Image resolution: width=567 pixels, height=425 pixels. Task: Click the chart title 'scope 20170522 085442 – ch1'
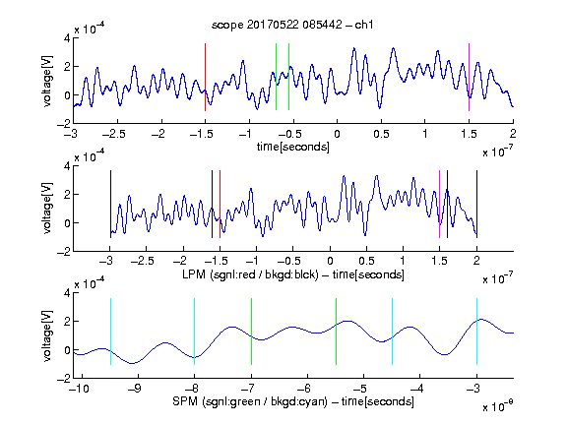tap(292, 25)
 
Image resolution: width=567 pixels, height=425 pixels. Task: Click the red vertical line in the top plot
tap(205, 77)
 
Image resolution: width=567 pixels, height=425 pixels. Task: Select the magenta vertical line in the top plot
tap(469, 77)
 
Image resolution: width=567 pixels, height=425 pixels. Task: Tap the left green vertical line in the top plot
tap(276, 77)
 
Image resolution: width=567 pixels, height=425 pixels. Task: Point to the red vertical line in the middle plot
tap(220, 205)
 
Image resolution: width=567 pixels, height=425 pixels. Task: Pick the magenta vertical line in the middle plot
tap(439, 205)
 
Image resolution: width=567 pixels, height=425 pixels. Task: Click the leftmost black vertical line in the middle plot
tap(110, 205)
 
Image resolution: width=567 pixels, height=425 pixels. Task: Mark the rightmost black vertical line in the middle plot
tap(476, 205)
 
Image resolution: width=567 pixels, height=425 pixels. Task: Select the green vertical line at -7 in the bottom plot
tap(251, 332)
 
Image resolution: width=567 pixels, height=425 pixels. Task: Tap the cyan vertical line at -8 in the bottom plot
tap(194, 332)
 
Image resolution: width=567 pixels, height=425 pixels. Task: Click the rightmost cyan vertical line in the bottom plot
tap(476, 332)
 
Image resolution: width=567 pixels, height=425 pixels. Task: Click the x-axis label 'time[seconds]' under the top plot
tap(293, 147)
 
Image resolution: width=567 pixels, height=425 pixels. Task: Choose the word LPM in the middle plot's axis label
tap(194, 274)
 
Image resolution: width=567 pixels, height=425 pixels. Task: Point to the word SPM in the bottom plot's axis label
tap(185, 401)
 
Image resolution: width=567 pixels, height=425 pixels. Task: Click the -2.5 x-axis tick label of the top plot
tap(114, 134)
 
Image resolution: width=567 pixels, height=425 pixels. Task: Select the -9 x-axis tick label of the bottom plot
tap(135, 389)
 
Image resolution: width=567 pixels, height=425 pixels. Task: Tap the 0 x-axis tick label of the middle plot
tap(330, 261)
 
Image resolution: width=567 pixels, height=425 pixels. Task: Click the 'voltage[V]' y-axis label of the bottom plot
tap(47, 335)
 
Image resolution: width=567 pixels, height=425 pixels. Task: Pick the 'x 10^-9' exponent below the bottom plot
tap(497, 407)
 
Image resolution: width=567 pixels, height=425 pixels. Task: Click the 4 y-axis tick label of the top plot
tap(67, 38)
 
